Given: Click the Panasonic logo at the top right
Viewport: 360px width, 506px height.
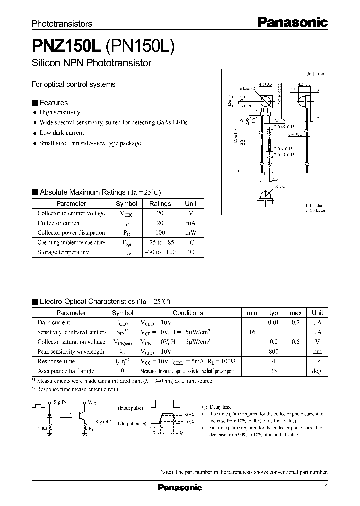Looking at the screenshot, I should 292,22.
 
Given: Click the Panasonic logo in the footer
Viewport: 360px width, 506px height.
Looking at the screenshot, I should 180,487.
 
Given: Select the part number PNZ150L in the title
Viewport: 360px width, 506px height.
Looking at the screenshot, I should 66,46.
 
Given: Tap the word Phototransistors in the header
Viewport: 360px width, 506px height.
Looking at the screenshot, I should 62,23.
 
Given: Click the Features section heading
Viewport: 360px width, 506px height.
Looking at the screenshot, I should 53,103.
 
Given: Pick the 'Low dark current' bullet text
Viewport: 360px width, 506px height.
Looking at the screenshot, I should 61,133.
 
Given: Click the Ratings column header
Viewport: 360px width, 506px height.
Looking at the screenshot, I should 160,204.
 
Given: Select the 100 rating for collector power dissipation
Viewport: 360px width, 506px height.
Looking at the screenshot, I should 160,233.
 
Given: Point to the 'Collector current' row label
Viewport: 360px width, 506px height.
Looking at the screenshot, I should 60,223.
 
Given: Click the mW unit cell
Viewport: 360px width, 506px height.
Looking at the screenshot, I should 191,233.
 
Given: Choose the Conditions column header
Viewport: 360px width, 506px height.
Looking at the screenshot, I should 187,313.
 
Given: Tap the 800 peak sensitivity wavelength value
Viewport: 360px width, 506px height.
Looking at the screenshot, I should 273,352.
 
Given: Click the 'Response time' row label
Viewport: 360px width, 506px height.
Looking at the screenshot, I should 56,361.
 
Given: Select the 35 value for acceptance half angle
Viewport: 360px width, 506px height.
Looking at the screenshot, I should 273,371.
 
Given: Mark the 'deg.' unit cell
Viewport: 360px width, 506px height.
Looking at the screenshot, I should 318,371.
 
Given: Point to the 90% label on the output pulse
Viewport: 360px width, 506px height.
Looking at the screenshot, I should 189,415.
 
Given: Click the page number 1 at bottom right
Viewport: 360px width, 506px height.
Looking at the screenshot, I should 326,487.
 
